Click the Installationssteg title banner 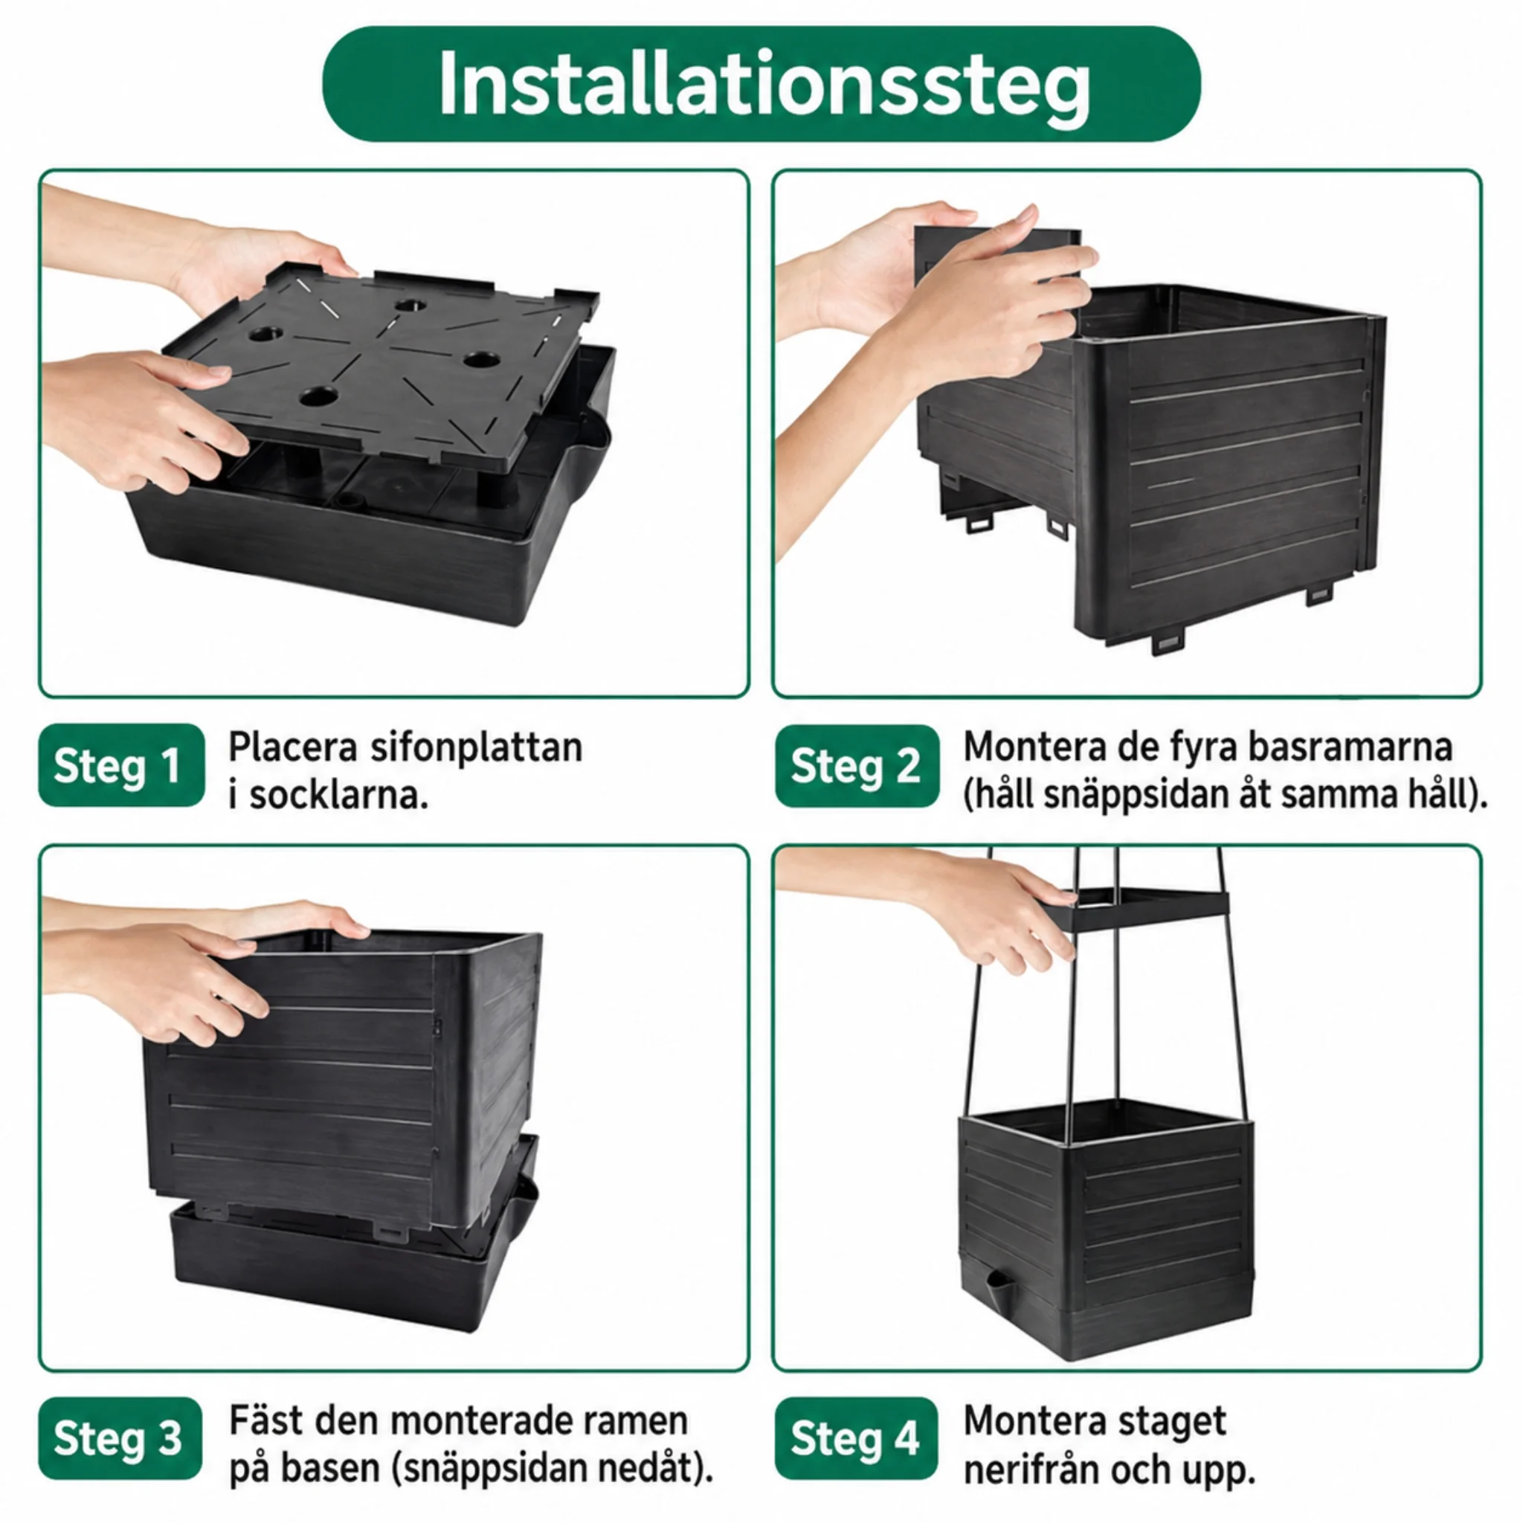761,84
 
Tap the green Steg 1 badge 121,765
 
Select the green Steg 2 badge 857,766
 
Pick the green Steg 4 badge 856,1438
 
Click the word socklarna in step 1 339,796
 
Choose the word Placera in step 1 292,747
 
